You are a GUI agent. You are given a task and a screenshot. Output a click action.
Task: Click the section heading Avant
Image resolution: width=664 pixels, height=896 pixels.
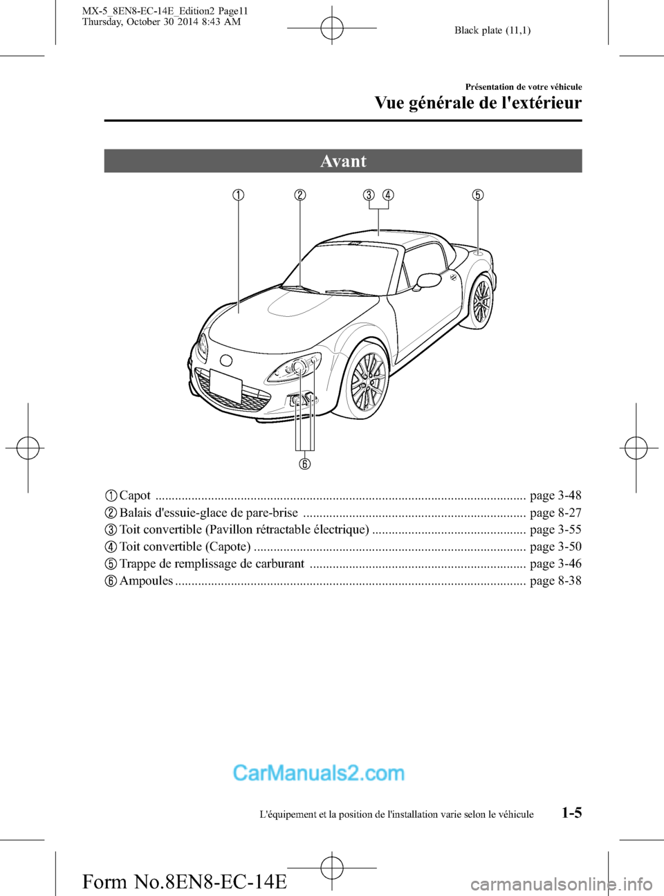(343, 161)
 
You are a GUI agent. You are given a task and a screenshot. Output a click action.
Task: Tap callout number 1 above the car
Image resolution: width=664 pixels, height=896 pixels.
(238, 194)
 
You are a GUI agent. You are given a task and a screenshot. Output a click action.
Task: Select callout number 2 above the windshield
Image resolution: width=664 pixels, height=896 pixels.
(299, 194)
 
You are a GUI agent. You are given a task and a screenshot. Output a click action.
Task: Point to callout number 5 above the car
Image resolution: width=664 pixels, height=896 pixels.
(478, 194)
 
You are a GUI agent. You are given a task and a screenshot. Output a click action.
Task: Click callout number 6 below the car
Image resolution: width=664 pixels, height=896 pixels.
(304, 463)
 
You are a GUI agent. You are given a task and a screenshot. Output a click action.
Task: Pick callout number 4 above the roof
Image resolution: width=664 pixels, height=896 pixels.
(388, 194)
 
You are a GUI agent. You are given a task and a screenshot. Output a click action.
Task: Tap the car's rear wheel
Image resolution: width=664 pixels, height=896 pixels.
(481, 302)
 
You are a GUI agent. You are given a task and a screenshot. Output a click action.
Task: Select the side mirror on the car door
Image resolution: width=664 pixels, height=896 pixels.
(428, 280)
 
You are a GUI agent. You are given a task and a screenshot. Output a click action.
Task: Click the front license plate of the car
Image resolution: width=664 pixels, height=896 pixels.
(225, 385)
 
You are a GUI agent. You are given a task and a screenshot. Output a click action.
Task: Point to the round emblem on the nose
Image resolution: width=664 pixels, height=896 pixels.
(225, 360)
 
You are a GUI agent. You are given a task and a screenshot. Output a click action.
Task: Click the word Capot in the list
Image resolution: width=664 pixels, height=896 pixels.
(135, 495)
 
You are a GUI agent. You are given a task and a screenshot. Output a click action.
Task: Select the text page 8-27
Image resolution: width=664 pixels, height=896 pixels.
(555, 513)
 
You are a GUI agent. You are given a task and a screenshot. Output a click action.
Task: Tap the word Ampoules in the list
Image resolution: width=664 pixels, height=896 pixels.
(146, 580)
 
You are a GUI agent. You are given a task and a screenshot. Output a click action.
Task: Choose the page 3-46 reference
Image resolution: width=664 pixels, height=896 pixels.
(555, 563)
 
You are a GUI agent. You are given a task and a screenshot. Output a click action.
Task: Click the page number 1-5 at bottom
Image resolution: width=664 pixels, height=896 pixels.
(571, 812)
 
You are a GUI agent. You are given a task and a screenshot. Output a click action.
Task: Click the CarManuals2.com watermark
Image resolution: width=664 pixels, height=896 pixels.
(318, 773)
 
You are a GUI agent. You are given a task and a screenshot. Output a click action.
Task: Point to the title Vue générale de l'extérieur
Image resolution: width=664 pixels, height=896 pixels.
(478, 103)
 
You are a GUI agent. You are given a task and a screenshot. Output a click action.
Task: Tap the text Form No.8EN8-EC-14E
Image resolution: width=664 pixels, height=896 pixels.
(184, 881)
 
